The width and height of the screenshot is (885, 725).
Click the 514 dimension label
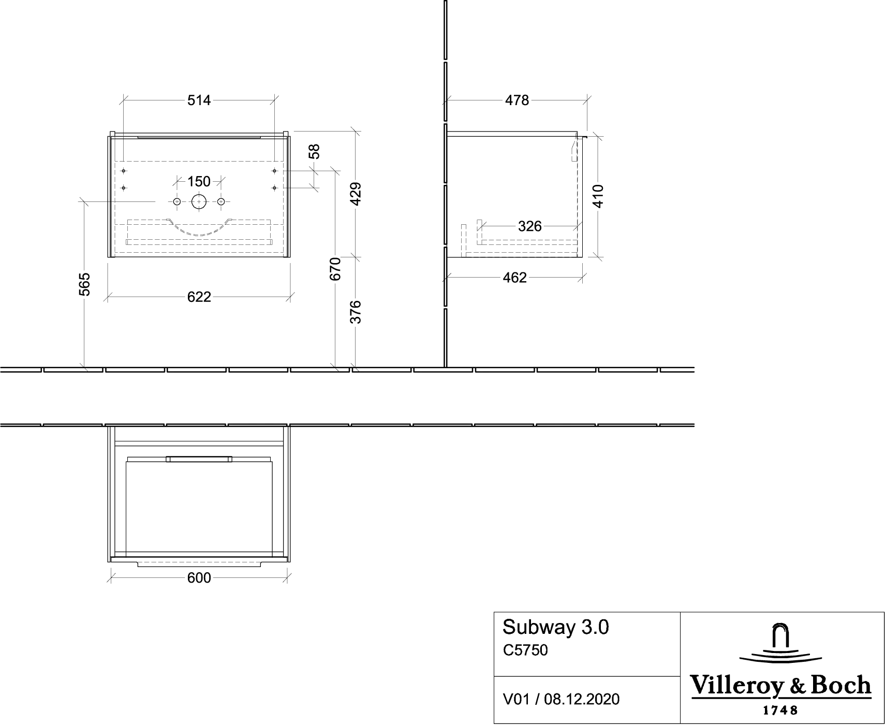point(199,100)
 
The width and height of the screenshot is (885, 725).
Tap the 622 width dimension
point(199,297)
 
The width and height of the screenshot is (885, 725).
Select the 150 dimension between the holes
point(199,181)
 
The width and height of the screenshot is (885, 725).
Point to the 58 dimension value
point(314,151)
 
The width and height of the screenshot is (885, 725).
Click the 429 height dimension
point(356,194)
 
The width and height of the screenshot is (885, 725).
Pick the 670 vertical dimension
point(335,268)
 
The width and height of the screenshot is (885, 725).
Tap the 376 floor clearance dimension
point(356,312)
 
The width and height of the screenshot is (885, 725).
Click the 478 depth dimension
point(517,100)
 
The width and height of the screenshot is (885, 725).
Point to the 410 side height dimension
point(598,196)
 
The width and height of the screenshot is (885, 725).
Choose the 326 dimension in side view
point(530,226)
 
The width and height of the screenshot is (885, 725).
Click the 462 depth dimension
point(515,278)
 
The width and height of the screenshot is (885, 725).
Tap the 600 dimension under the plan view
point(199,578)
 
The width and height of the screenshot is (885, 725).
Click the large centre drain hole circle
point(199,195)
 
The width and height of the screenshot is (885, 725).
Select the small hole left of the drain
point(176,201)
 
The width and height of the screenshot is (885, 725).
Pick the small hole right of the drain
point(221,201)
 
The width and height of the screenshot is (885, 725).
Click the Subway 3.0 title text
point(556,628)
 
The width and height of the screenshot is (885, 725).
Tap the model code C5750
point(525,650)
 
